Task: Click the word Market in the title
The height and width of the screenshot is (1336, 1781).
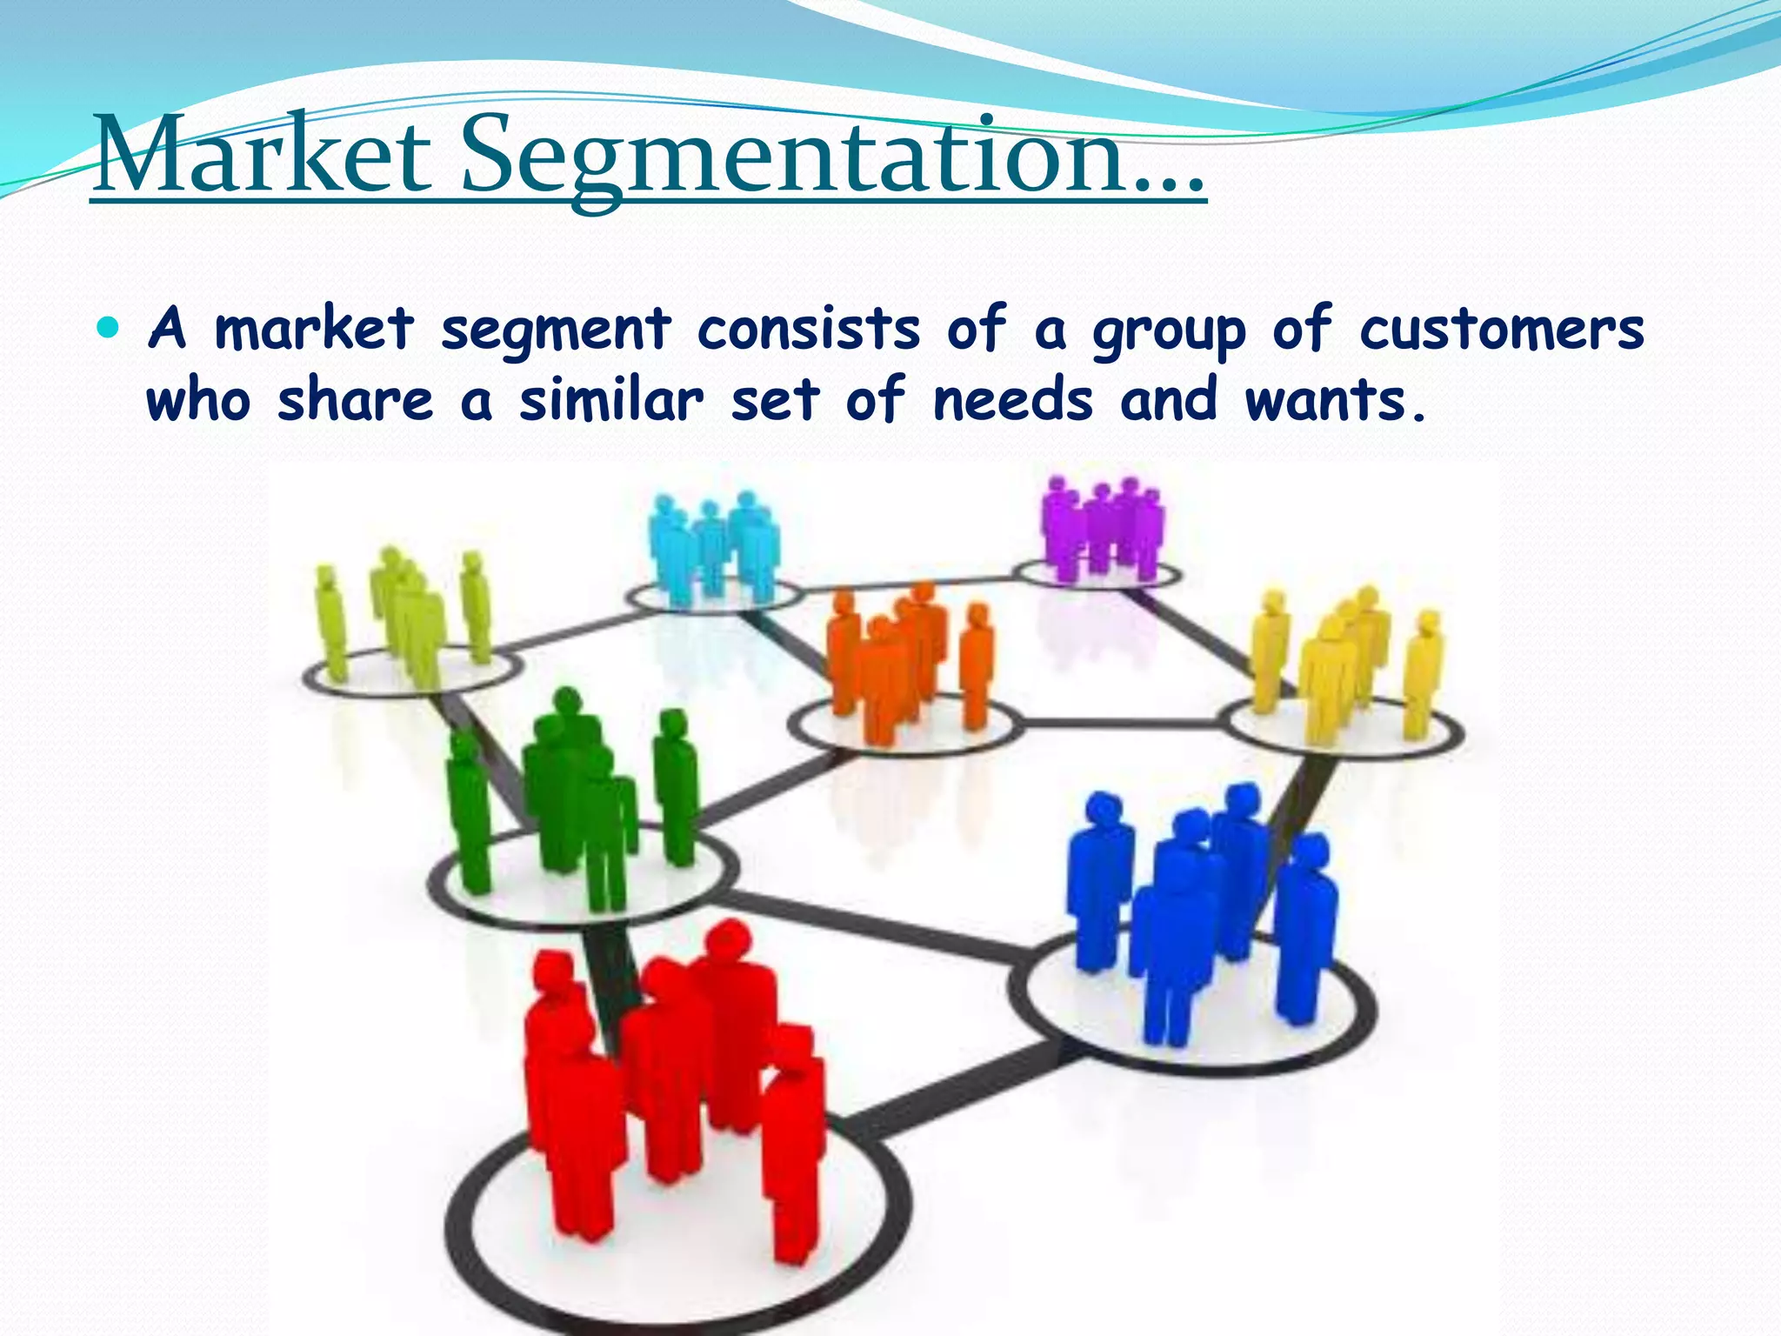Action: (261, 157)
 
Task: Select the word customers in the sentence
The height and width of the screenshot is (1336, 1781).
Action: (1502, 331)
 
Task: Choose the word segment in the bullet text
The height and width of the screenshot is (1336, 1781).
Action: (555, 332)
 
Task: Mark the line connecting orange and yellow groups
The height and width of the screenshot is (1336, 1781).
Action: (1122, 723)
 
